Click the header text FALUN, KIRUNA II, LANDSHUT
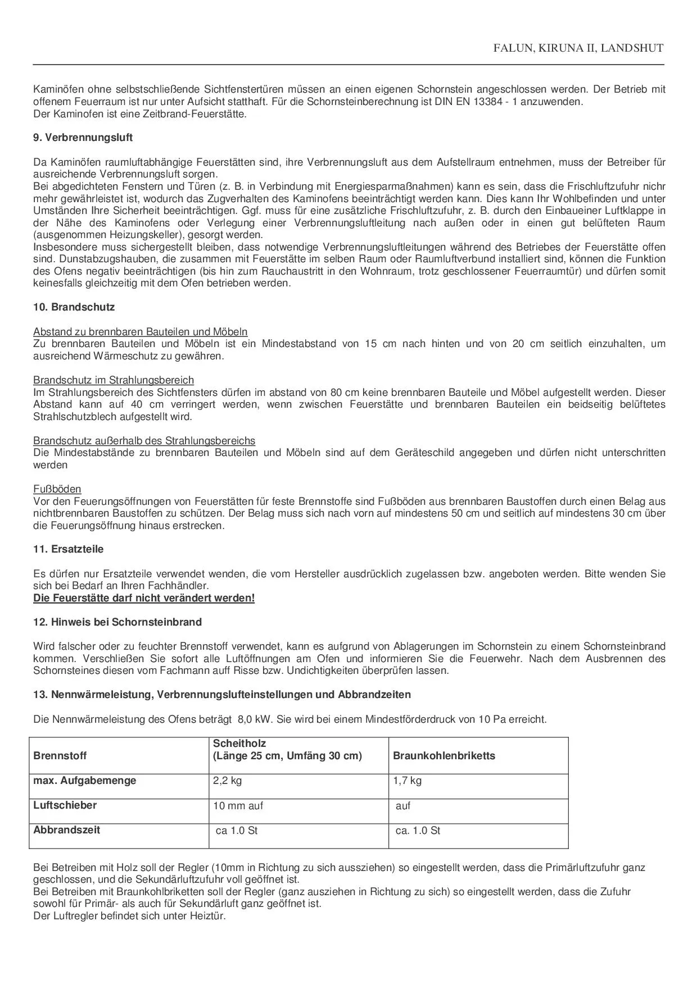coord(578,48)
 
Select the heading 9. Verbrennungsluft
coord(83,138)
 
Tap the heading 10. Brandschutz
coord(74,307)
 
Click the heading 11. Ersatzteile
coord(68,549)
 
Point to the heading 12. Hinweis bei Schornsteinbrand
coord(117,622)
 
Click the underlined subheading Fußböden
coord(57,489)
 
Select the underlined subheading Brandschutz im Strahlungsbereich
coord(113,380)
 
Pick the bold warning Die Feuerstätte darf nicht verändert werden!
coord(144,598)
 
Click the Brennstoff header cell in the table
coord(60,756)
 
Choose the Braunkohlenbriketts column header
coord(444,756)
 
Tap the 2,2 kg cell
coord(227,781)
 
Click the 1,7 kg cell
coord(407,781)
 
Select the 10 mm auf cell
coord(238,806)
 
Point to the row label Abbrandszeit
coord(66,830)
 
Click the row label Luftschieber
coord(65,805)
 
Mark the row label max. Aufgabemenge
coord(84,781)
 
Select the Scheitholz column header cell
coord(287,750)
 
